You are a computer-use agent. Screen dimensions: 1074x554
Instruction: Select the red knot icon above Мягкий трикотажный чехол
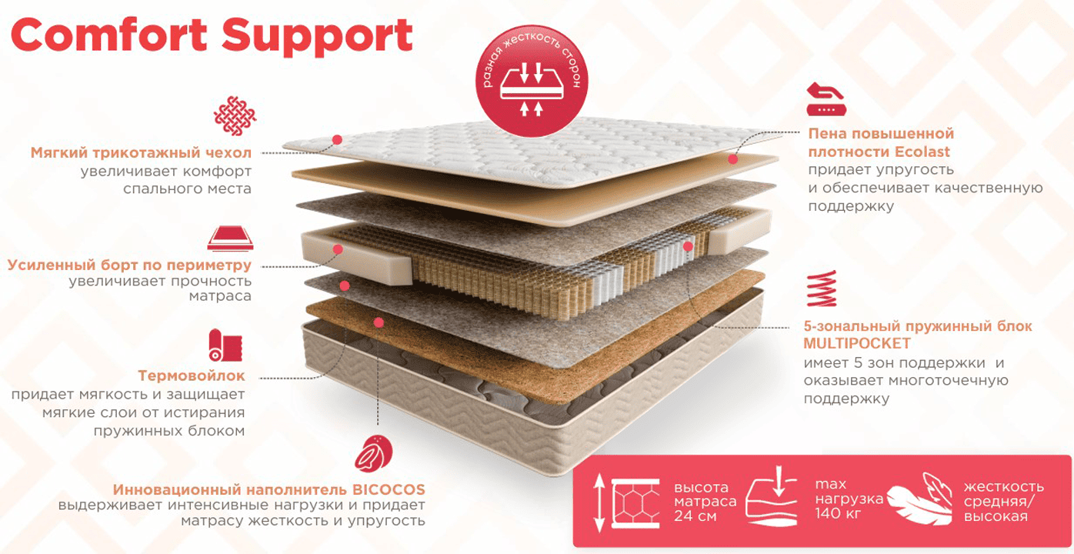233,116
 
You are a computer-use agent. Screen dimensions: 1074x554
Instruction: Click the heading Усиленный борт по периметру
130,265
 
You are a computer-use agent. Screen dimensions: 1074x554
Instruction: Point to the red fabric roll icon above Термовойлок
225,345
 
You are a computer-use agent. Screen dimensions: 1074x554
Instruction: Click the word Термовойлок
192,376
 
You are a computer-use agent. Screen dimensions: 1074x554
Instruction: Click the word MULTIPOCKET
857,343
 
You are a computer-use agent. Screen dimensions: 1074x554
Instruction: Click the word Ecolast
922,152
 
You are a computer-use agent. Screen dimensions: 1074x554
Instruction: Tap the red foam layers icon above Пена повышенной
825,99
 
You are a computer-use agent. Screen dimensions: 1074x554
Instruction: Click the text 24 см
695,516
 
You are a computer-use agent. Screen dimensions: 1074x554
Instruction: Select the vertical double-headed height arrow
599,504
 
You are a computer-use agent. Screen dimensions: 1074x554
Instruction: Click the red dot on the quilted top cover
337,140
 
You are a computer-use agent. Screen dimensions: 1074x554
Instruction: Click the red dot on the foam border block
338,249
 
